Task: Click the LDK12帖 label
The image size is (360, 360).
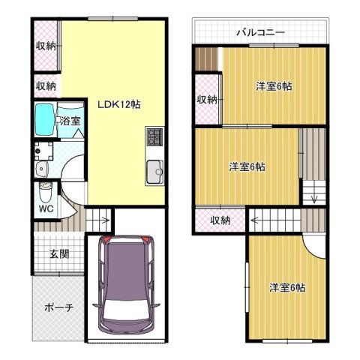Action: tap(119, 104)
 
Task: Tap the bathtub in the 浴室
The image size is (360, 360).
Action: tap(45, 119)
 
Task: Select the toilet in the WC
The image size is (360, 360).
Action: tap(45, 193)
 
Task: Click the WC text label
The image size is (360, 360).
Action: tap(46, 208)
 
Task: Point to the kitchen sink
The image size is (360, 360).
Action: tap(155, 172)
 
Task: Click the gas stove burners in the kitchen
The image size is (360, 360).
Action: tap(155, 136)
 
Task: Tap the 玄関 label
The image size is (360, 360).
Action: tap(59, 254)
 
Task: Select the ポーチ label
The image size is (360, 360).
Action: tap(59, 307)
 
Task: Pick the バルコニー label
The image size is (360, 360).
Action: tap(261, 32)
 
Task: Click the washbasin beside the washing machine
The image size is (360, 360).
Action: tap(41, 169)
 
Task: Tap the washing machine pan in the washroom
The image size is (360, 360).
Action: tap(43, 151)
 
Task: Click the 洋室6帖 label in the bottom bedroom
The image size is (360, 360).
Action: tap(287, 287)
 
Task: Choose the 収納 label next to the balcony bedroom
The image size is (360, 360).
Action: tap(206, 100)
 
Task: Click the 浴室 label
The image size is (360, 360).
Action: tap(70, 121)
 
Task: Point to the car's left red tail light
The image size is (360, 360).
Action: tap(106, 238)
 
